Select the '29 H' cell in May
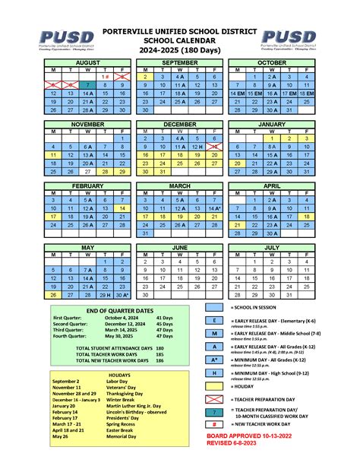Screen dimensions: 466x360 (x=106, y=294)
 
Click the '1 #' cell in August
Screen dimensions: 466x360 (x=106, y=77)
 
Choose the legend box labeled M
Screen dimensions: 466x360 (x=235, y=334)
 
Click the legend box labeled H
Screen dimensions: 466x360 (x=235, y=372)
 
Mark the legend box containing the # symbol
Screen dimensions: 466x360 (x=235, y=425)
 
